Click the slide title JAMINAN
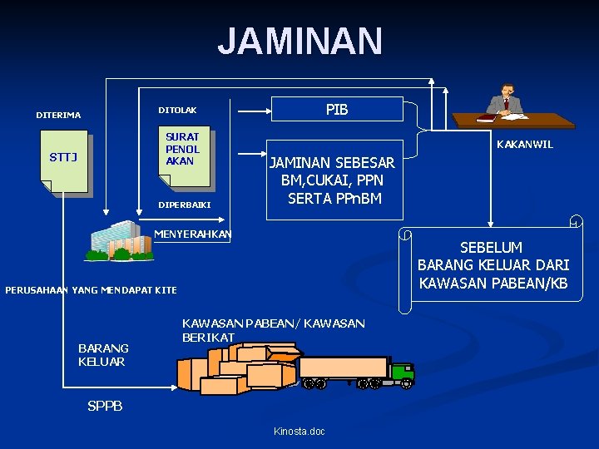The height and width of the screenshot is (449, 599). [x=299, y=42]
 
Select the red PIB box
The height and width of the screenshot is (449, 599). [x=337, y=110]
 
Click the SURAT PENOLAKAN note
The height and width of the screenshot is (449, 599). [x=184, y=150]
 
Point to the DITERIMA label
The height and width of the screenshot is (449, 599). [x=58, y=115]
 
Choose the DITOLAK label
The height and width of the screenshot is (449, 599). [x=177, y=110]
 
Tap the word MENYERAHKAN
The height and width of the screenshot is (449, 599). [x=193, y=234]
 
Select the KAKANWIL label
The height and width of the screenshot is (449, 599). [x=524, y=144]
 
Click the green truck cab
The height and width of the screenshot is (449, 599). [x=402, y=373]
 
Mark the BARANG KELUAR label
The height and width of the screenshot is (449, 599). [x=102, y=355]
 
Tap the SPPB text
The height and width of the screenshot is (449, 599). [x=105, y=406]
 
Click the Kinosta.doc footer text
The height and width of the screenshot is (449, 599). [x=299, y=431]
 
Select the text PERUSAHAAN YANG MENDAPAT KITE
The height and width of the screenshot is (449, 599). [x=91, y=289]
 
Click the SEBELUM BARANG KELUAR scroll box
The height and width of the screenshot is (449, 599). [x=493, y=265]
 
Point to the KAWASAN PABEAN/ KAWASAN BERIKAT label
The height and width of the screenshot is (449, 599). [x=272, y=329]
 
